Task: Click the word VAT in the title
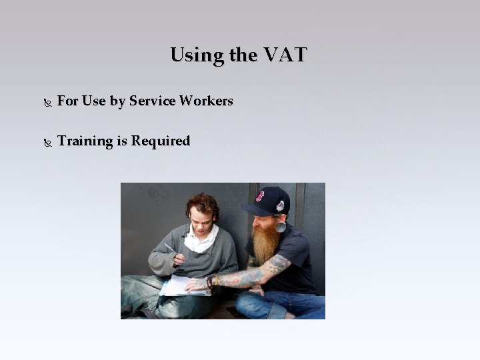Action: (285, 55)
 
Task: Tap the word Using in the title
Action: (197, 55)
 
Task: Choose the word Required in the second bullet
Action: (161, 141)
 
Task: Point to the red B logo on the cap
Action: (259, 196)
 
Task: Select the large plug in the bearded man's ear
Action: (281, 227)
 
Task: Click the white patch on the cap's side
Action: (280, 206)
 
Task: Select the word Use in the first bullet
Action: (94, 101)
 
